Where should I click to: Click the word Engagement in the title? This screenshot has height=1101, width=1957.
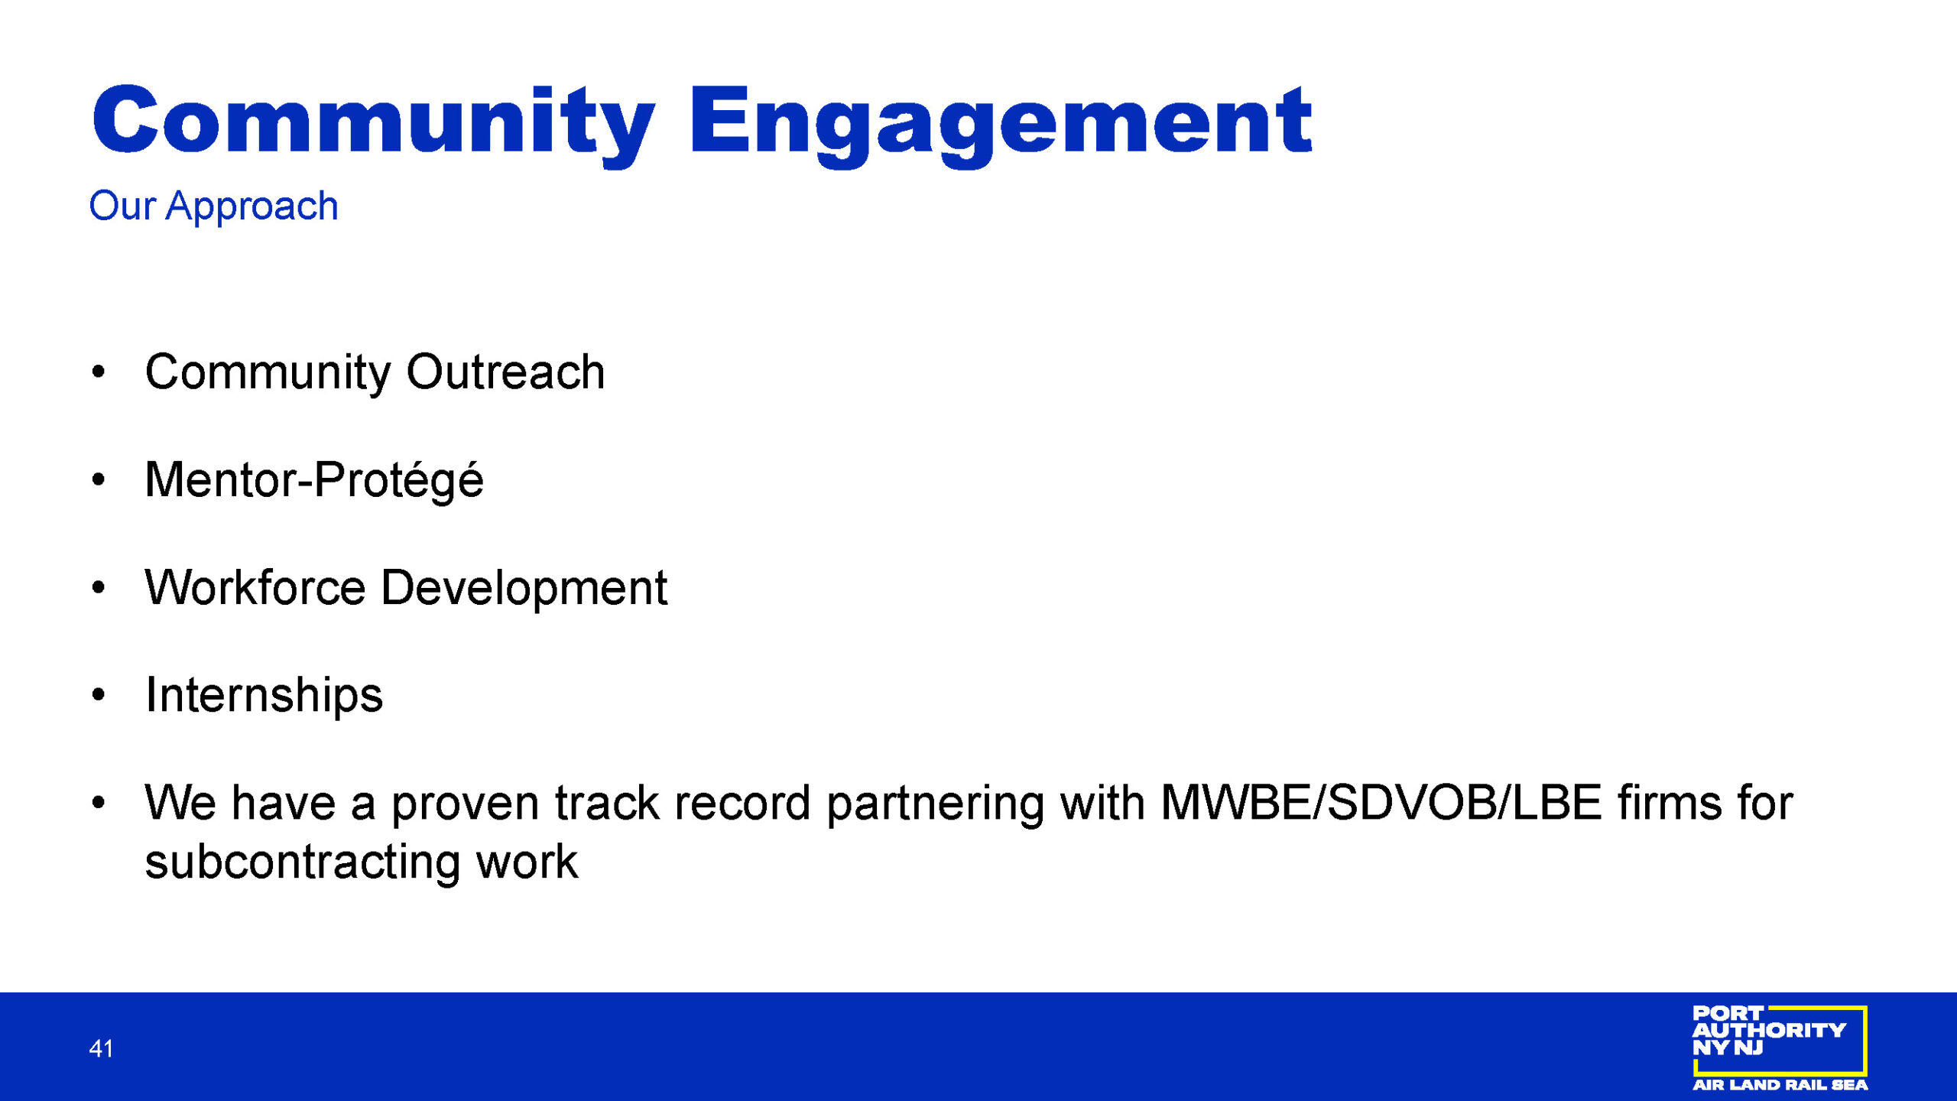(x=1001, y=125)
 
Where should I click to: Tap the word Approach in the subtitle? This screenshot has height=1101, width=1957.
(x=252, y=207)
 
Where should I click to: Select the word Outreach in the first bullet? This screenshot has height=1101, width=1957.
(x=505, y=373)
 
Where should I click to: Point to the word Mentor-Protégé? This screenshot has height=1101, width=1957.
(x=314, y=481)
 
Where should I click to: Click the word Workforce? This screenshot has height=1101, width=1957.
(x=255, y=588)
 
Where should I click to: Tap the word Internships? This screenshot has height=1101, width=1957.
(x=265, y=696)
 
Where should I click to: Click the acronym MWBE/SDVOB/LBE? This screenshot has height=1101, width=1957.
(x=1381, y=804)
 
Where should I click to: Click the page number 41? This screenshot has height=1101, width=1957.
(x=101, y=1048)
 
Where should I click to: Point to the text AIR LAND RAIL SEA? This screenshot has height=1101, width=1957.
(x=1780, y=1085)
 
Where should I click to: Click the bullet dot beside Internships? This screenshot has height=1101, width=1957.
(x=98, y=695)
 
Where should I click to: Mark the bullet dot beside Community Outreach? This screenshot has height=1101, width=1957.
(x=98, y=372)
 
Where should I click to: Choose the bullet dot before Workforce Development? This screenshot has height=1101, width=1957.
(x=98, y=588)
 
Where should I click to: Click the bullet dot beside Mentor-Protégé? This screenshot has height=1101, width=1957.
(x=98, y=480)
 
